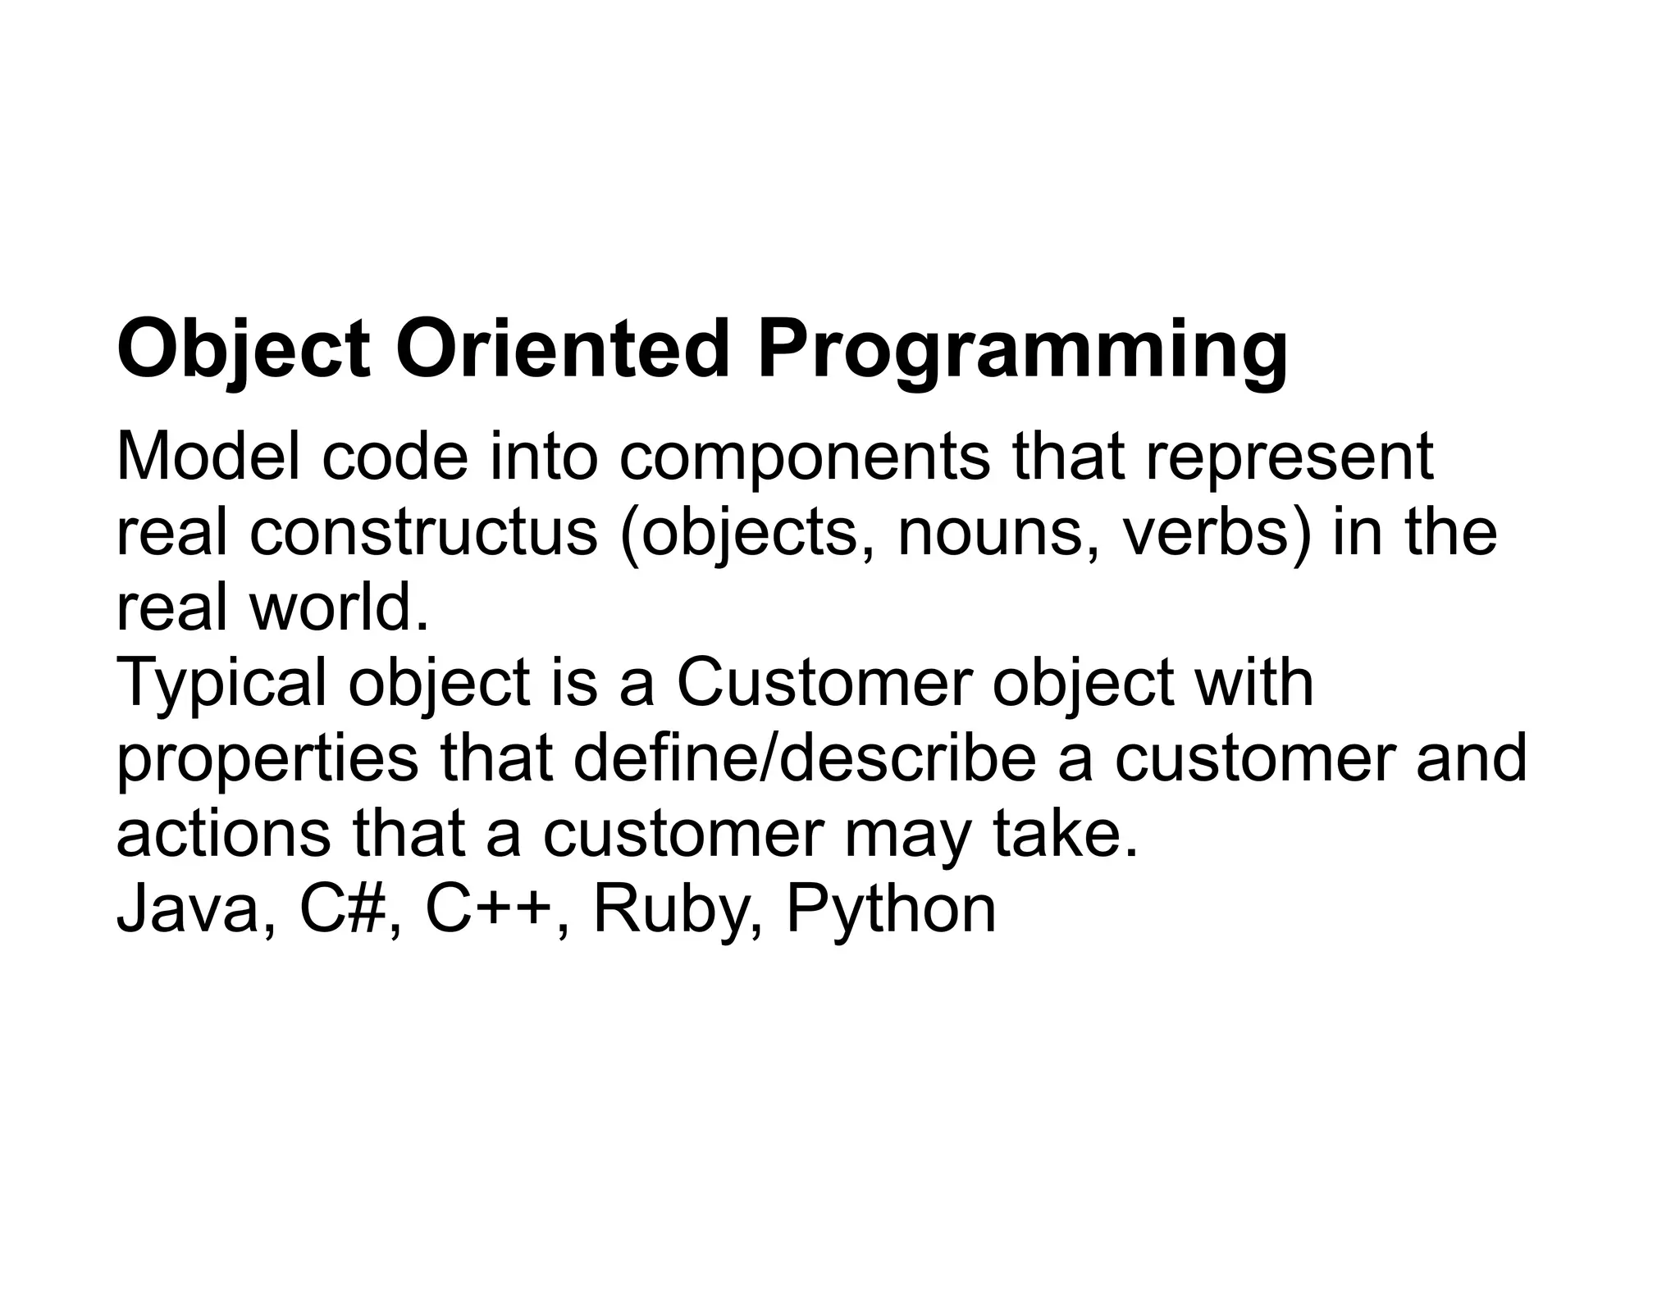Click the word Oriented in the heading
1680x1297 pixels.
click(563, 350)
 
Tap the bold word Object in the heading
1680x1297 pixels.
click(244, 350)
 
